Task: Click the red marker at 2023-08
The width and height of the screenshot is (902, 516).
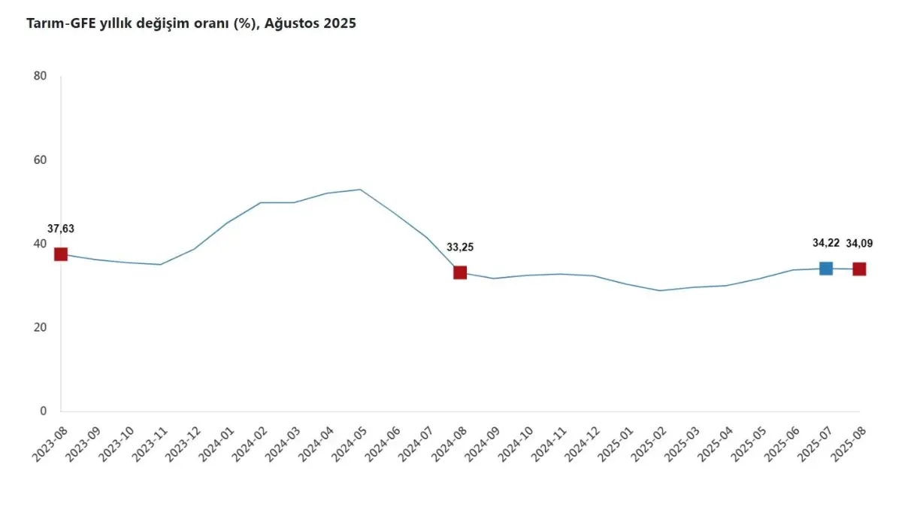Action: click(x=61, y=254)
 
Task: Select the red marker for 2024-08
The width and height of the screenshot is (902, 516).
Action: click(x=460, y=272)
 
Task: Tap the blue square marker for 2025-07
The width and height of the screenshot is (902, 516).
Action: click(x=826, y=268)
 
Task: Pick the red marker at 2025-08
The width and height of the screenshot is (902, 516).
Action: click(x=859, y=269)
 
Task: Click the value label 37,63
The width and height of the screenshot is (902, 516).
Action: click(x=61, y=229)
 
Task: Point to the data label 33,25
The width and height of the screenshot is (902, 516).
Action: click(x=460, y=247)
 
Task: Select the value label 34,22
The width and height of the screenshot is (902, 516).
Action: click(x=825, y=243)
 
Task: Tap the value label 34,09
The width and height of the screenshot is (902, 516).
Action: click(x=860, y=243)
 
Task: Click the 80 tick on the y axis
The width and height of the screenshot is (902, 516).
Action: click(x=40, y=76)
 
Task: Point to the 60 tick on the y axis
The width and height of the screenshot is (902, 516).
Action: click(x=40, y=160)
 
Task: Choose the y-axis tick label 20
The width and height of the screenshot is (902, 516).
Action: click(x=40, y=327)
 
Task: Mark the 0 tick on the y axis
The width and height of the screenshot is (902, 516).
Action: click(x=44, y=411)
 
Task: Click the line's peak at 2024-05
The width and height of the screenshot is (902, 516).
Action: click(x=360, y=190)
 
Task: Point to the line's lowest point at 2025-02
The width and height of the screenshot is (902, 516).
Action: click(x=659, y=290)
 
